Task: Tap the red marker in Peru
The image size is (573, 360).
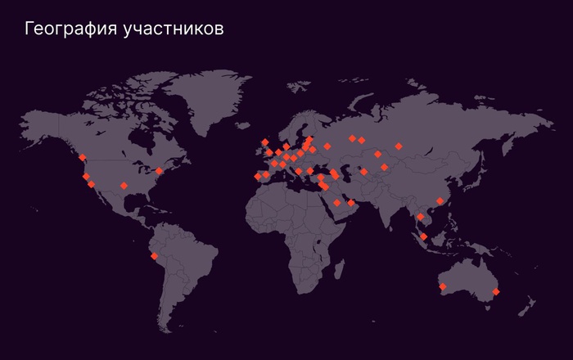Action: [154, 256]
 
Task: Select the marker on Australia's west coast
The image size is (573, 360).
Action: [443, 286]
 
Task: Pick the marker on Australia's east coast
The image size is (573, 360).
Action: [496, 291]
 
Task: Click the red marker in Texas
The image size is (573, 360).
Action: [124, 186]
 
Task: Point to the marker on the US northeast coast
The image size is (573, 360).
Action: [159, 170]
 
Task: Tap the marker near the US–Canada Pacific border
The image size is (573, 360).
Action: [83, 157]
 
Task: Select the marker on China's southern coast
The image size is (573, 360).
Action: [440, 200]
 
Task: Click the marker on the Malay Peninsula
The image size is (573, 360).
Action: [423, 236]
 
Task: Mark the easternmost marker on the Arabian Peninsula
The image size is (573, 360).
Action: [351, 202]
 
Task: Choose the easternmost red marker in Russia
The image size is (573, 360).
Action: [399, 146]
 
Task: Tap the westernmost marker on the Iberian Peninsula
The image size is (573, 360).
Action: [258, 176]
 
